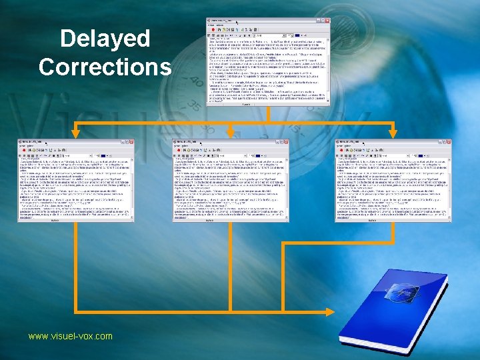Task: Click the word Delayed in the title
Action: pyautogui.click(x=105, y=39)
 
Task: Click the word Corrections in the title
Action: pyautogui.click(x=105, y=67)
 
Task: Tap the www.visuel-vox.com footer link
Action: pyautogui.click(x=70, y=337)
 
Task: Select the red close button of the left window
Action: pyautogui.click(x=131, y=142)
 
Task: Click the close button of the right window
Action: pyautogui.click(x=449, y=142)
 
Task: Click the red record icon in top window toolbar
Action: pyautogui.click(x=212, y=30)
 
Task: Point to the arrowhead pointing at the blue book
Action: pyautogui.click(x=329, y=311)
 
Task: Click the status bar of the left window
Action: pyautogui.click(x=75, y=219)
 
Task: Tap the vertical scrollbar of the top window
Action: pyautogui.click(x=327, y=67)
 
